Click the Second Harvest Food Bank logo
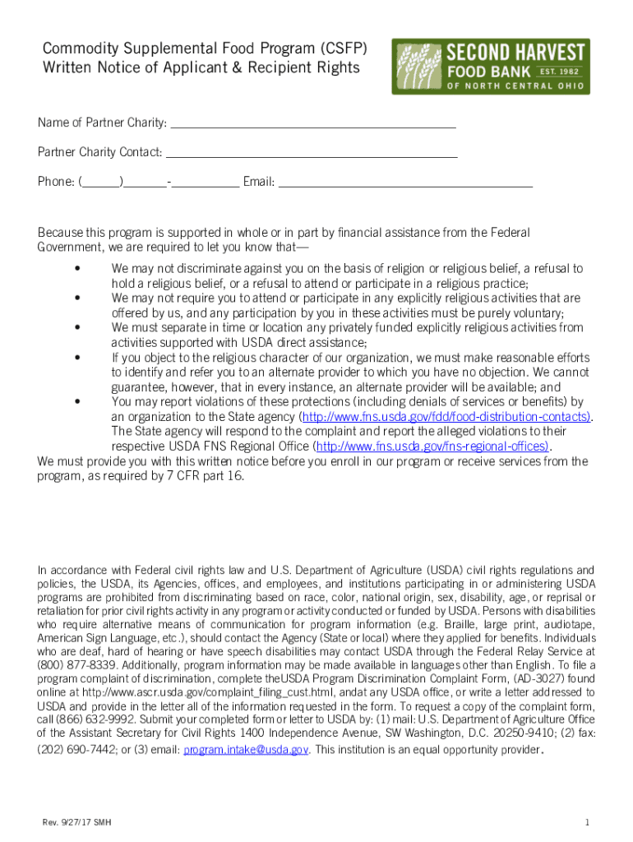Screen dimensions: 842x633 pyautogui.click(x=490, y=67)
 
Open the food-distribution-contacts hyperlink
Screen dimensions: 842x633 pyautogui.click(x=446, y=417)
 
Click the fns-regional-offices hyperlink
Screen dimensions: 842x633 pyautogui.click(x=432, y=446)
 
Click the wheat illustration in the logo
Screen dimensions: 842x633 pyautogui.click(x=418, y=67)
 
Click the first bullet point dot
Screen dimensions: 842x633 pyautogui.click(x=76, y=269)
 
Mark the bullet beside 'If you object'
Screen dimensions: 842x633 pyautogui.click(x=76, y=358)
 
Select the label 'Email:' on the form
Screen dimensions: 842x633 pyautogui.click(x=259, y=182)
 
